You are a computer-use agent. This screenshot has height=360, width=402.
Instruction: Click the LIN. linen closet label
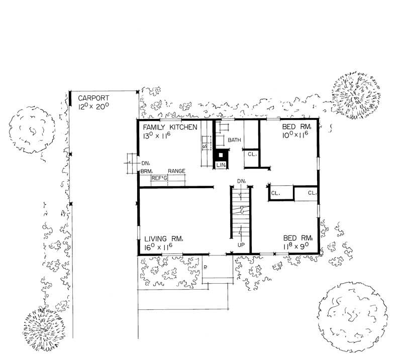(221, 165)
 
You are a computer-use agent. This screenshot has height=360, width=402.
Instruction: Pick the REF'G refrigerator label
(160, 178)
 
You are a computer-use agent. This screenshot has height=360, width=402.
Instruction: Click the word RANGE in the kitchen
(176, 171)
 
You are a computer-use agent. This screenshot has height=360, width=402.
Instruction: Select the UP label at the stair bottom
(241, 246)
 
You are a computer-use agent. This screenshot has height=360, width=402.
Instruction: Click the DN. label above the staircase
(241, 181)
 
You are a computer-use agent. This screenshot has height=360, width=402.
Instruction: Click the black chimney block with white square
(220, 155)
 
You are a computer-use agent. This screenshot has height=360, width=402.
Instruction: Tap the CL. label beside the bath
(251, 155)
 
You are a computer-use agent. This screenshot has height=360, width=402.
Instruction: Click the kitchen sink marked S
(205, 146)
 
